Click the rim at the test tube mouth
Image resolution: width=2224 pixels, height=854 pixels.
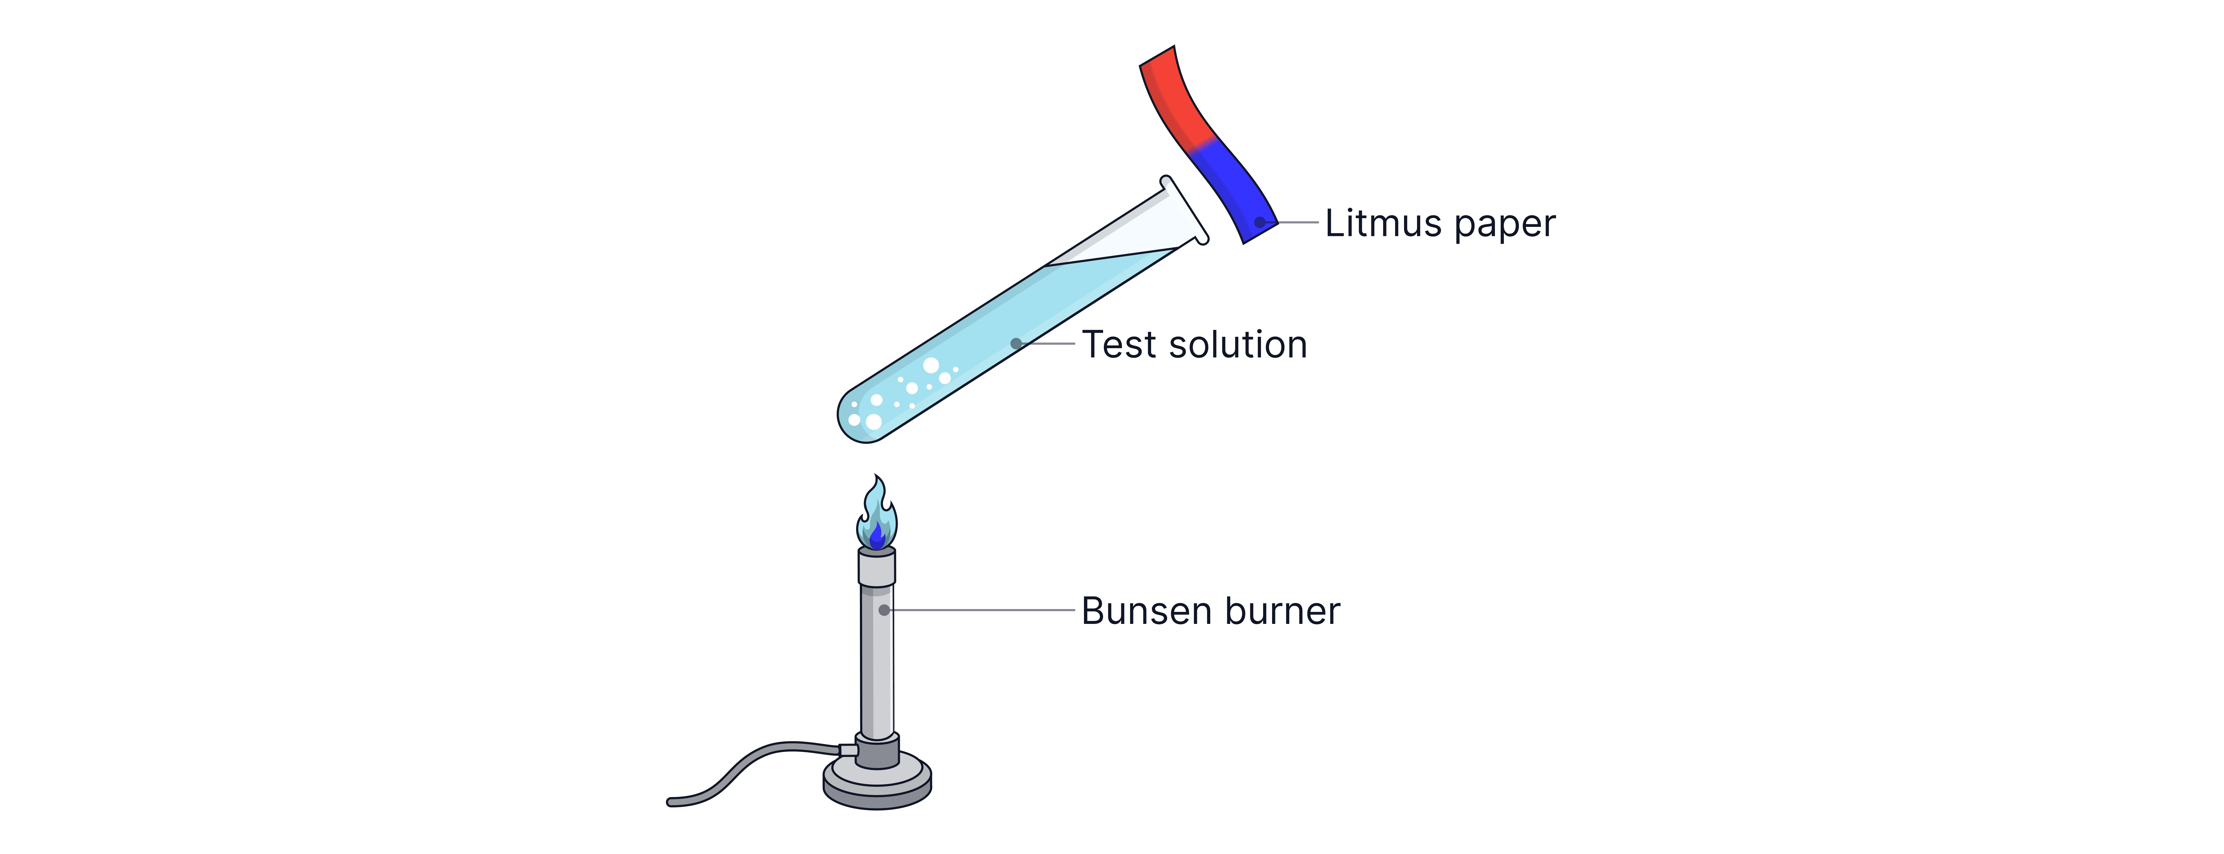coord(1185,210)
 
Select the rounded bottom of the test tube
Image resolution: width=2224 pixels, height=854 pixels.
coord(859,423)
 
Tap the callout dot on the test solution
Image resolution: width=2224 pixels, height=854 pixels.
coord(1016,343)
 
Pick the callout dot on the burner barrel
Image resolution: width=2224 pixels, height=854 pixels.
coord(884,610)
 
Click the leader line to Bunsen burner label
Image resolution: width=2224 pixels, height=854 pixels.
coord(984,610)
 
